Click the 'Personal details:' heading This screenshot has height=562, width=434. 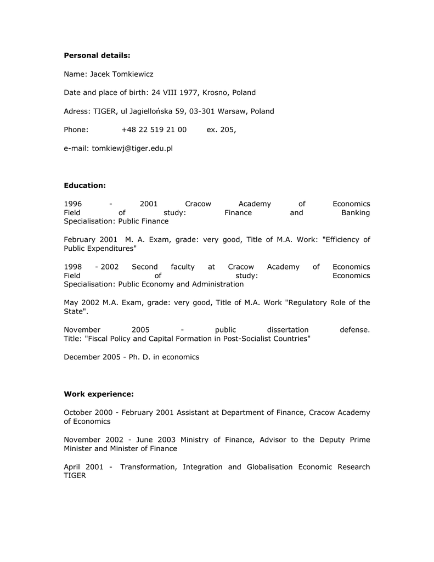tap(97, 55)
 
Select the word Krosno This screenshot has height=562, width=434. tap(216, 92)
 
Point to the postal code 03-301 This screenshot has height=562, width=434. tap(202, 111)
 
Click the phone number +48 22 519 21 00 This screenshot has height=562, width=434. tap(154, 130)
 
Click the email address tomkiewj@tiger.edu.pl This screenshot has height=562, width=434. tap(132, 148)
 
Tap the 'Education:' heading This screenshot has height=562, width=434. tap(84, 186)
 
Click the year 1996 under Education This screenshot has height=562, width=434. tap(73, 204)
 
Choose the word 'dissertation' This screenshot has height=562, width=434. tap(288, 330)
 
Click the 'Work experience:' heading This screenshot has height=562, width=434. tap(99, 394)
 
